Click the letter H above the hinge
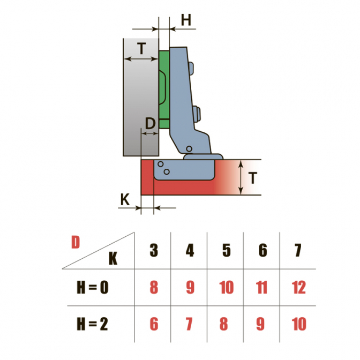click(x=186, y=20)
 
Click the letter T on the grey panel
click(x=142, y=48)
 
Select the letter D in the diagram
click(x=150, y=123)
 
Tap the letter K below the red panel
click(x=125, y=199)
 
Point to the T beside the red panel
click(x=252, y=178)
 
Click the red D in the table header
click(x=76, y=242)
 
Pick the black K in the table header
click(x=113, y=259)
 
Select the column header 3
click(x=154, y=250)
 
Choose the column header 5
click(x=227, y=250)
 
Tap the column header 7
click(x=298, y=250)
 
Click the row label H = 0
click(x=93, y=287)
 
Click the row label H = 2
click(x=92, y=324)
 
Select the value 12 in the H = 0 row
click(x=299, y=287)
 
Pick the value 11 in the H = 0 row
click(x=261, y=287)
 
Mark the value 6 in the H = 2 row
click(x=154, y=324)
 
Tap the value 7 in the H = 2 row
click(x=189, y=324)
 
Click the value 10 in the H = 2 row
click(x=299, y=324)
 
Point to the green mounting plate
click(x=164, y=89)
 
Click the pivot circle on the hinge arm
click(x=189, y=149)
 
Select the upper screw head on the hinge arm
click(x=191, y=68)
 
